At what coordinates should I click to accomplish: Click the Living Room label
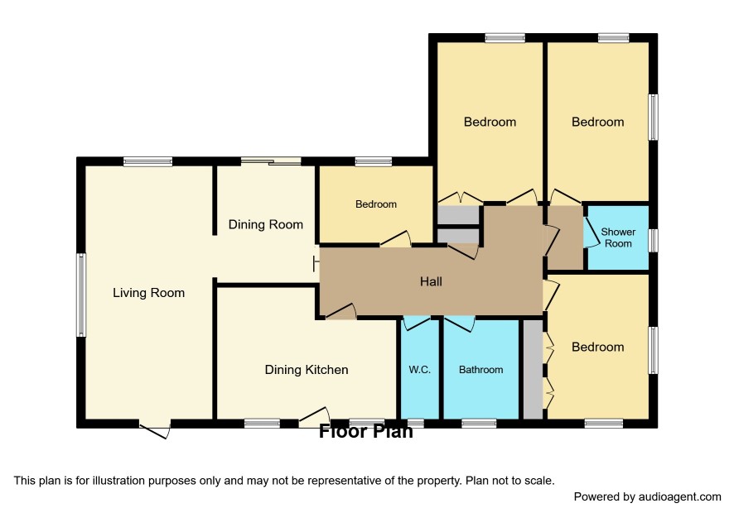pyautogui.click(x=149, y=293)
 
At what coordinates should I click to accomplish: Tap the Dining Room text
pyautogui.click(x=266, y=224)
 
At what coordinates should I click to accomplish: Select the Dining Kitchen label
pyautogui.click(x=307, y=369)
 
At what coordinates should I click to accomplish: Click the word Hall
pyautogui.click(x=431, y=281)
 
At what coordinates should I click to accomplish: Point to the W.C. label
pyautogui.click(x=419, y=369)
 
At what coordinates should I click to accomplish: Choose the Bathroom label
pyautogui.click(x=480, y=369)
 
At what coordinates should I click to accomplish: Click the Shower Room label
pyautogui.click(x=618, y=237)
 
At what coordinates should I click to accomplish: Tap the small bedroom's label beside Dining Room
pyautogui.click(x=376, y=204)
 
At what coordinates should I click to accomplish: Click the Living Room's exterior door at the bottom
pyautogui.click(x=154, y=430)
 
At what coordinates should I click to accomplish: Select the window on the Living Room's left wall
pyautogui.click(x=81, y=295)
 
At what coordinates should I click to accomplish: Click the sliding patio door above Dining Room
pyautogui.click(x=271, y=161)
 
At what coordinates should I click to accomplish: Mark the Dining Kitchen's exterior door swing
pyautogui.click(x=314, y=417)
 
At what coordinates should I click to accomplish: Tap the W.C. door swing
pyautogui.click(x=417, y=324)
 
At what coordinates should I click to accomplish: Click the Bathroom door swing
pyautogui.click(x=460, y=324)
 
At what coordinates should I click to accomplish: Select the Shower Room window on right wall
pyautogui.click(x=653, y=240)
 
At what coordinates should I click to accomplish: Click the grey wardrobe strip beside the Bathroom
pyautogui.click(x=533, y=369)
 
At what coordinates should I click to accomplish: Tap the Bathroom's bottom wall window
pyautogui.click(x=478, y=423)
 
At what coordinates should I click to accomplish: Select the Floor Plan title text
pyautogui.click(x=366, y=431)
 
